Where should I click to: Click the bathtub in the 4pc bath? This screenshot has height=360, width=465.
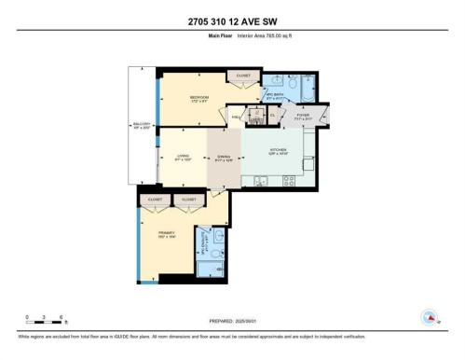click(308, 86)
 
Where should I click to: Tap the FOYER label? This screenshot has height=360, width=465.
click(304, 117)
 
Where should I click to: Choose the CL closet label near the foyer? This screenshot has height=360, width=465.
click(273, 115)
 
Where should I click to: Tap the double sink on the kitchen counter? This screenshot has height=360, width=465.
click(257, 181)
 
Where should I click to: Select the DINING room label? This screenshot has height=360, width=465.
click(224, 158)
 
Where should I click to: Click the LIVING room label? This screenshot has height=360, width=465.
click(183, 158)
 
